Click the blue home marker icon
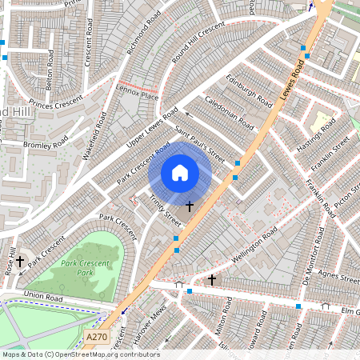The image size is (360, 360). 180,173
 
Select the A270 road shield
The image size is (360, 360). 97,337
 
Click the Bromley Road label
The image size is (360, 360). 47,145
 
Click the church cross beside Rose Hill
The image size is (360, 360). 20,261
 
